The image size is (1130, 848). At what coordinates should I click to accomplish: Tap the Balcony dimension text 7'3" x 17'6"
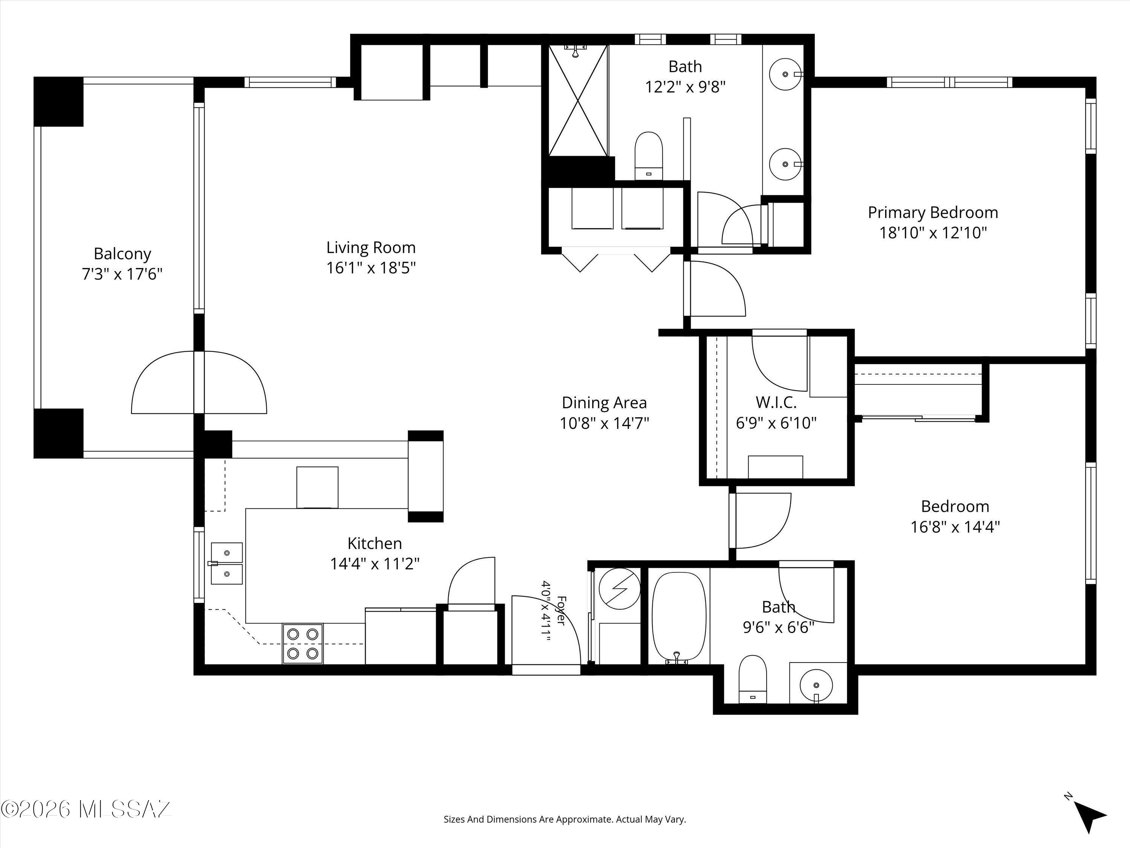[x=122, y=274]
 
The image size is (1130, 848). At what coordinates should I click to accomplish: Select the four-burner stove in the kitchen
[x=302, y=644]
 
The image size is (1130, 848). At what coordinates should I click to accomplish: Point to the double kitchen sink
[x=227, y=563]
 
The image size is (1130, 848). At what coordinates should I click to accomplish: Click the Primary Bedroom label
[x=933, y=212]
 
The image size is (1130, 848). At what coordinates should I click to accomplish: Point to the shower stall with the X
[x=578, y=100]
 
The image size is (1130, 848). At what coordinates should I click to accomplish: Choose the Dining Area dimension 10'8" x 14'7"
[x=604, y=423]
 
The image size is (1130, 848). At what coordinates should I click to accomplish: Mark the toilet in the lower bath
[x=753, y=679]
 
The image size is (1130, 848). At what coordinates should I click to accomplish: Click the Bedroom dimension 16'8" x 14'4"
[x=955, y=527]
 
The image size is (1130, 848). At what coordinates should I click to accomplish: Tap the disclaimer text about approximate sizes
[x=565, y=819]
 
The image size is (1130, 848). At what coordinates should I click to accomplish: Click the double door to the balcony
[x=199, y=382]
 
